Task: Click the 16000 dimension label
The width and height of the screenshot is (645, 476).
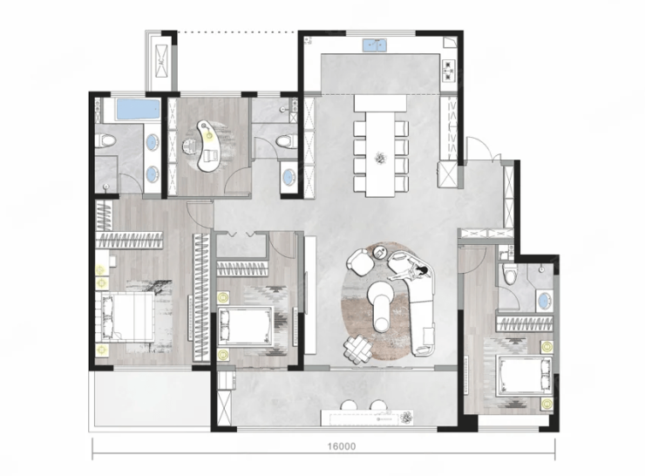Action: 342,446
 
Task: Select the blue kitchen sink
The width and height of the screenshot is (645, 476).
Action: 376,44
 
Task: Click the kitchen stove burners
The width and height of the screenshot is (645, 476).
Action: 448,70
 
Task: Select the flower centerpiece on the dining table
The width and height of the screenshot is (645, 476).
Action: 380,158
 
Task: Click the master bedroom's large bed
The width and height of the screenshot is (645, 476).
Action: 125,316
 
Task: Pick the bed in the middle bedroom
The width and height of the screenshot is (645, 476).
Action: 246,325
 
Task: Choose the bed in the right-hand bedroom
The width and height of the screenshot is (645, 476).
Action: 525,377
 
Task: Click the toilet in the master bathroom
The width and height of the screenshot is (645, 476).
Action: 106,140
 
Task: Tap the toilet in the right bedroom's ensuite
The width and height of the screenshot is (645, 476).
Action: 509,274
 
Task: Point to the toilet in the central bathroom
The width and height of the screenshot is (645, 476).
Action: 286,141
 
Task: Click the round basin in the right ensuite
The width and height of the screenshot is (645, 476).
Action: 545,301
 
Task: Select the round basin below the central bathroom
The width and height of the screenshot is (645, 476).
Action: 289,177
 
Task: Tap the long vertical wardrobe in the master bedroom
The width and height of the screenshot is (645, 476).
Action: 201,298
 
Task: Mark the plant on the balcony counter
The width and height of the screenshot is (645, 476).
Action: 406,418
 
